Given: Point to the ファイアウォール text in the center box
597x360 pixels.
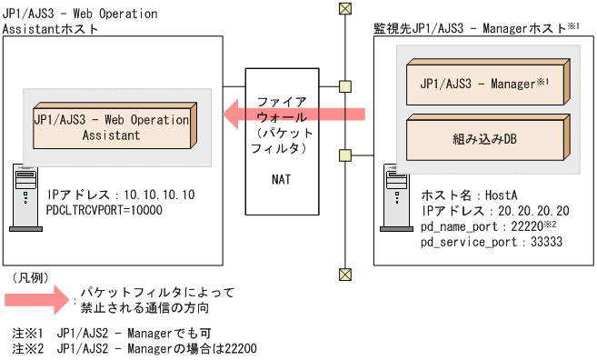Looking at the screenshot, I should (282, 110).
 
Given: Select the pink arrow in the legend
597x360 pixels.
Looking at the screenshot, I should (36, 299).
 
